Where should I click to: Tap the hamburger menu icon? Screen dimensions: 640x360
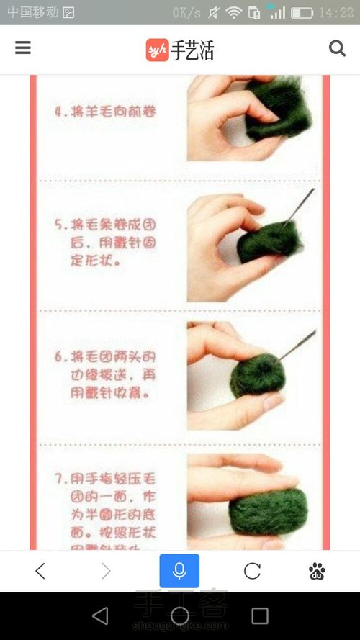click(x=23, y=48)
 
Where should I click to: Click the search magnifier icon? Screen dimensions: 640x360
click(x=337, y=48)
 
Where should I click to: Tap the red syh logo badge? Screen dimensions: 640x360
click(x=156, y=50)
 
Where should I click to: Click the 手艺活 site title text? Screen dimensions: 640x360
click(x=192, y=50)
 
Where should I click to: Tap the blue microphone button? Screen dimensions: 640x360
click(x=179, y=571)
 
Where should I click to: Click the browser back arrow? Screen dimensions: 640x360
click(x=40, y=571)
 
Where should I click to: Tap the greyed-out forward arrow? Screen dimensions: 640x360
click(x=107, y=571)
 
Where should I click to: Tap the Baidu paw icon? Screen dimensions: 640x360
click(x=317, y=571)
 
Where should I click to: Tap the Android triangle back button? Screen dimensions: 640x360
click(x=100, y=616)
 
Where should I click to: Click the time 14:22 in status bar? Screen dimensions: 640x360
click(x=336, y=12)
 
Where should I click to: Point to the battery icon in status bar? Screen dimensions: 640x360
click(x=302, y=12)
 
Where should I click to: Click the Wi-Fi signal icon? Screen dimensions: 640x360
click(x=233, y=12)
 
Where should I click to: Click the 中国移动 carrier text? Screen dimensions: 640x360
click(x=32, y=12)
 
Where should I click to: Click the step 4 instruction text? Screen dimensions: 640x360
click(x=106, y=112)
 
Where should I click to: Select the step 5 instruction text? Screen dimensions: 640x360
click(x=106, y=243)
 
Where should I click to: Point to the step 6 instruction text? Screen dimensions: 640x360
click(x=106, y=375)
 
